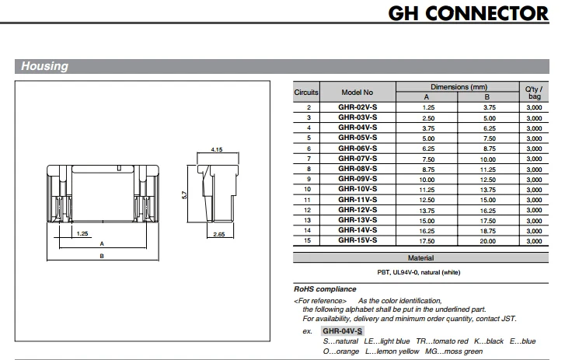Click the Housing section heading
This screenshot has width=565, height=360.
tap(44, 67)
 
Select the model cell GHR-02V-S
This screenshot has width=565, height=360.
tap(357, 107)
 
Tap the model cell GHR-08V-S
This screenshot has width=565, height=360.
tap(357, 168)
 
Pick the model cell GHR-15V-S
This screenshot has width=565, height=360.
tap(357, 240)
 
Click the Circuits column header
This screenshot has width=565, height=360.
tap(306, 92)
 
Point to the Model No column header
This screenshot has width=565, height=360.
tap(357, 92)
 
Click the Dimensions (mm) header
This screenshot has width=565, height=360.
tap(458, 86)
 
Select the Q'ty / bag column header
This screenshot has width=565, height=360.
tap(534, 92)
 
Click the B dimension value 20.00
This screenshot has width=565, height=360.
tap(488, 240)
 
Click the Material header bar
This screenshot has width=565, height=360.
tap(420, 257)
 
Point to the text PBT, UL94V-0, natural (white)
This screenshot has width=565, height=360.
tap(420, 272)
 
